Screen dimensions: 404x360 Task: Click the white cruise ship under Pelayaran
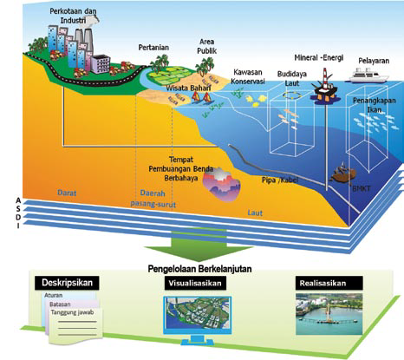(x=368, y=75)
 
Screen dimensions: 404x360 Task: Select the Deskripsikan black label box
(x=67, y=283)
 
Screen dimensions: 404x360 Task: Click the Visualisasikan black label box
(x=195, y=283)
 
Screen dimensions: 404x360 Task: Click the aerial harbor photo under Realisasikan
(x=329, y=314)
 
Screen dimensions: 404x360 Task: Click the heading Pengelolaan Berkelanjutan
(x=199, y=269)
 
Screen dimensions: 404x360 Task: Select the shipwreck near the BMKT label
(x=343, y=173)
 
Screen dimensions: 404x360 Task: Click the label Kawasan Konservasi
(x=248, y=76)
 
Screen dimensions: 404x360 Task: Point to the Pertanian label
(x=153, y=48)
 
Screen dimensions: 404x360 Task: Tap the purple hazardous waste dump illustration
(x=221, y=183)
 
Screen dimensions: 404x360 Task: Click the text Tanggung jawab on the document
(x=72, y=312)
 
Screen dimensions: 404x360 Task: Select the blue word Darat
(x=67, y=193)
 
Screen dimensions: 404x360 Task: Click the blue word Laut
(x=255, y=213)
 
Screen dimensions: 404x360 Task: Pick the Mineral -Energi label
(x=319, y=58)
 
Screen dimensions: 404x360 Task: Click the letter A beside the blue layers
(x=18, y=200)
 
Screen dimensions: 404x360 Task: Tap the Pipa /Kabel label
(x=280, y=180)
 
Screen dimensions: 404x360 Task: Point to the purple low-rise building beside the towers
(x=101, y=64)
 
